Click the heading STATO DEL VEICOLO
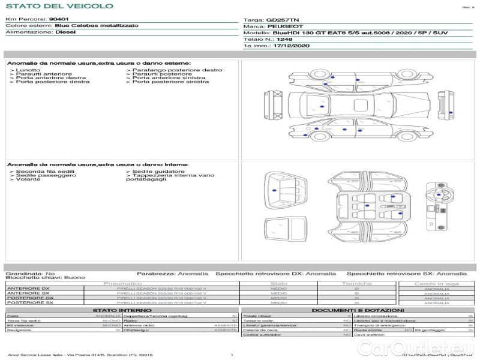pos(59,6)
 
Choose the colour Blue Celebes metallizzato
pos(96,26)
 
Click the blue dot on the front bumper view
pos(451,112)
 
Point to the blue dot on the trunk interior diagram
pos(274,190)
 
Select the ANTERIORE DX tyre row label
pos(28,289)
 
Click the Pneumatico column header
pos(123,283)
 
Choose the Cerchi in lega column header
pos(436,283)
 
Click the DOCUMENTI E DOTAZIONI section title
pos(358,310)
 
